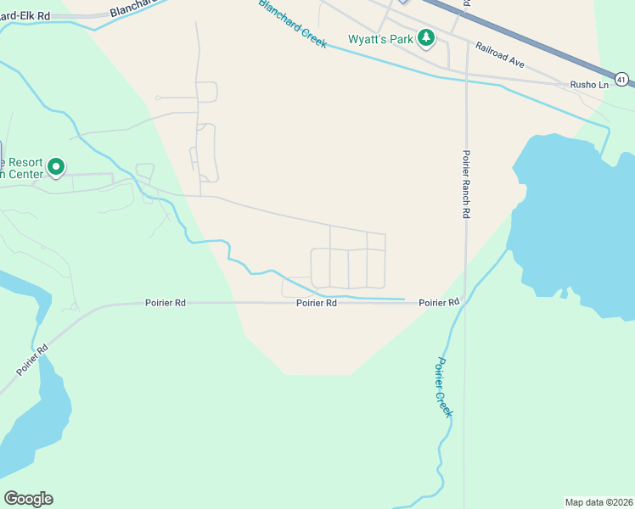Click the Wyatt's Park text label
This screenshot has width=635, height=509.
pyautogui.click(x=380, y=39)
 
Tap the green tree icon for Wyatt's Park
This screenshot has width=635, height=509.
pyautogui.click(x=426, y=38)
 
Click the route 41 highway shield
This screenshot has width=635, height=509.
pyautogui.click(x=622, y=80)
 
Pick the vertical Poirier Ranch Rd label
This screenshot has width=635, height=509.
pyautogui.click(x=466, y=184)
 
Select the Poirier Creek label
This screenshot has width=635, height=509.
pyautogui.click(x=444, y=386)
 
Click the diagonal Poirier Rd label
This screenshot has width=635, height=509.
pyautogui.click(x=31, y=361)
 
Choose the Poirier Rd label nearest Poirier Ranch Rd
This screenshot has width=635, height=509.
pyautogui.click(x=439, y=302)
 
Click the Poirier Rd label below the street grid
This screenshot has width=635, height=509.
pyautogui.click(x=317, y=303)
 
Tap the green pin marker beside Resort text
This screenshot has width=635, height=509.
pyautogui.click(x=56, y=168)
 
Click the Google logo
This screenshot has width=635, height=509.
pyautogui.click(x=28, y=499)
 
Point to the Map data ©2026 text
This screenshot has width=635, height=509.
pyautogui.click(x=598, y=501)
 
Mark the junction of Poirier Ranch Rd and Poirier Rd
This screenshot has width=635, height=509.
pyautogui.click(x=465, y=302)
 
